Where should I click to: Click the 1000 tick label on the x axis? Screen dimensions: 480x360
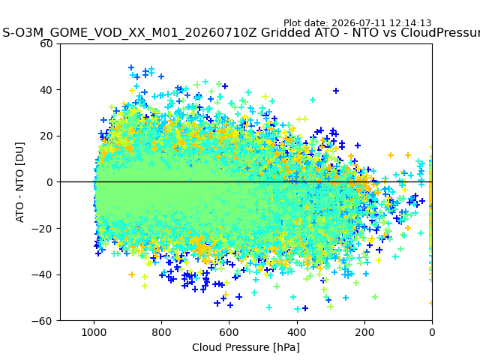(94, 332)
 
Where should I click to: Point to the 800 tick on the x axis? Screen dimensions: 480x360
(162, 332)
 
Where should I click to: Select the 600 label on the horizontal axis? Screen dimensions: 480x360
(229, 332)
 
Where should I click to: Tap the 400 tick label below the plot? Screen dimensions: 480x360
(297, 332)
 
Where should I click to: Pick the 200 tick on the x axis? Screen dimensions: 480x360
(364, 332)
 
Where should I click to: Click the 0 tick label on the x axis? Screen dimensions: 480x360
(432, 332)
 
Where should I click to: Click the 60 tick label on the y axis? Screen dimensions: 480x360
(46, 43)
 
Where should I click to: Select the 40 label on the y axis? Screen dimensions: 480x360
(46, 90)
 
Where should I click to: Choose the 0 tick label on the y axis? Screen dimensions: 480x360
(49, 182)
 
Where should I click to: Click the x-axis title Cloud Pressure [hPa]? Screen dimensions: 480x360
(246, 348)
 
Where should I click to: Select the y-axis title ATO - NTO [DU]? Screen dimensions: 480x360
(19, 182)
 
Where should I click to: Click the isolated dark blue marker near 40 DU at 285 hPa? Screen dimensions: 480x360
(336, 91)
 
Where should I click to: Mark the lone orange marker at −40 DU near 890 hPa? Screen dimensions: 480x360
(132, 274)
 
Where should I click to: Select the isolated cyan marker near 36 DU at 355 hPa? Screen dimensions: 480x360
(313, 100)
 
